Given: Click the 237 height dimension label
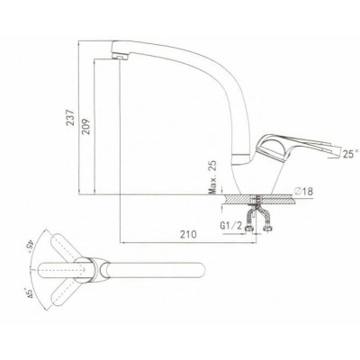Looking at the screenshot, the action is click(71, 117).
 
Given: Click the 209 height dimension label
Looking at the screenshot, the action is click(86, 127).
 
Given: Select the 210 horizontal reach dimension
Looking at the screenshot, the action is click(188, 234).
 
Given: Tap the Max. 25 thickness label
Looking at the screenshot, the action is click(213, 177).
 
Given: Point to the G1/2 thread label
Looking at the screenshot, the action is click(231, 226).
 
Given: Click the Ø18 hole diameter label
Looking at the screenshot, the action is click(304, 191).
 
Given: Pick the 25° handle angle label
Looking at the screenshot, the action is click(350, 154).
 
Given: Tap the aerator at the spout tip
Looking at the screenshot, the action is click(119, 56).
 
